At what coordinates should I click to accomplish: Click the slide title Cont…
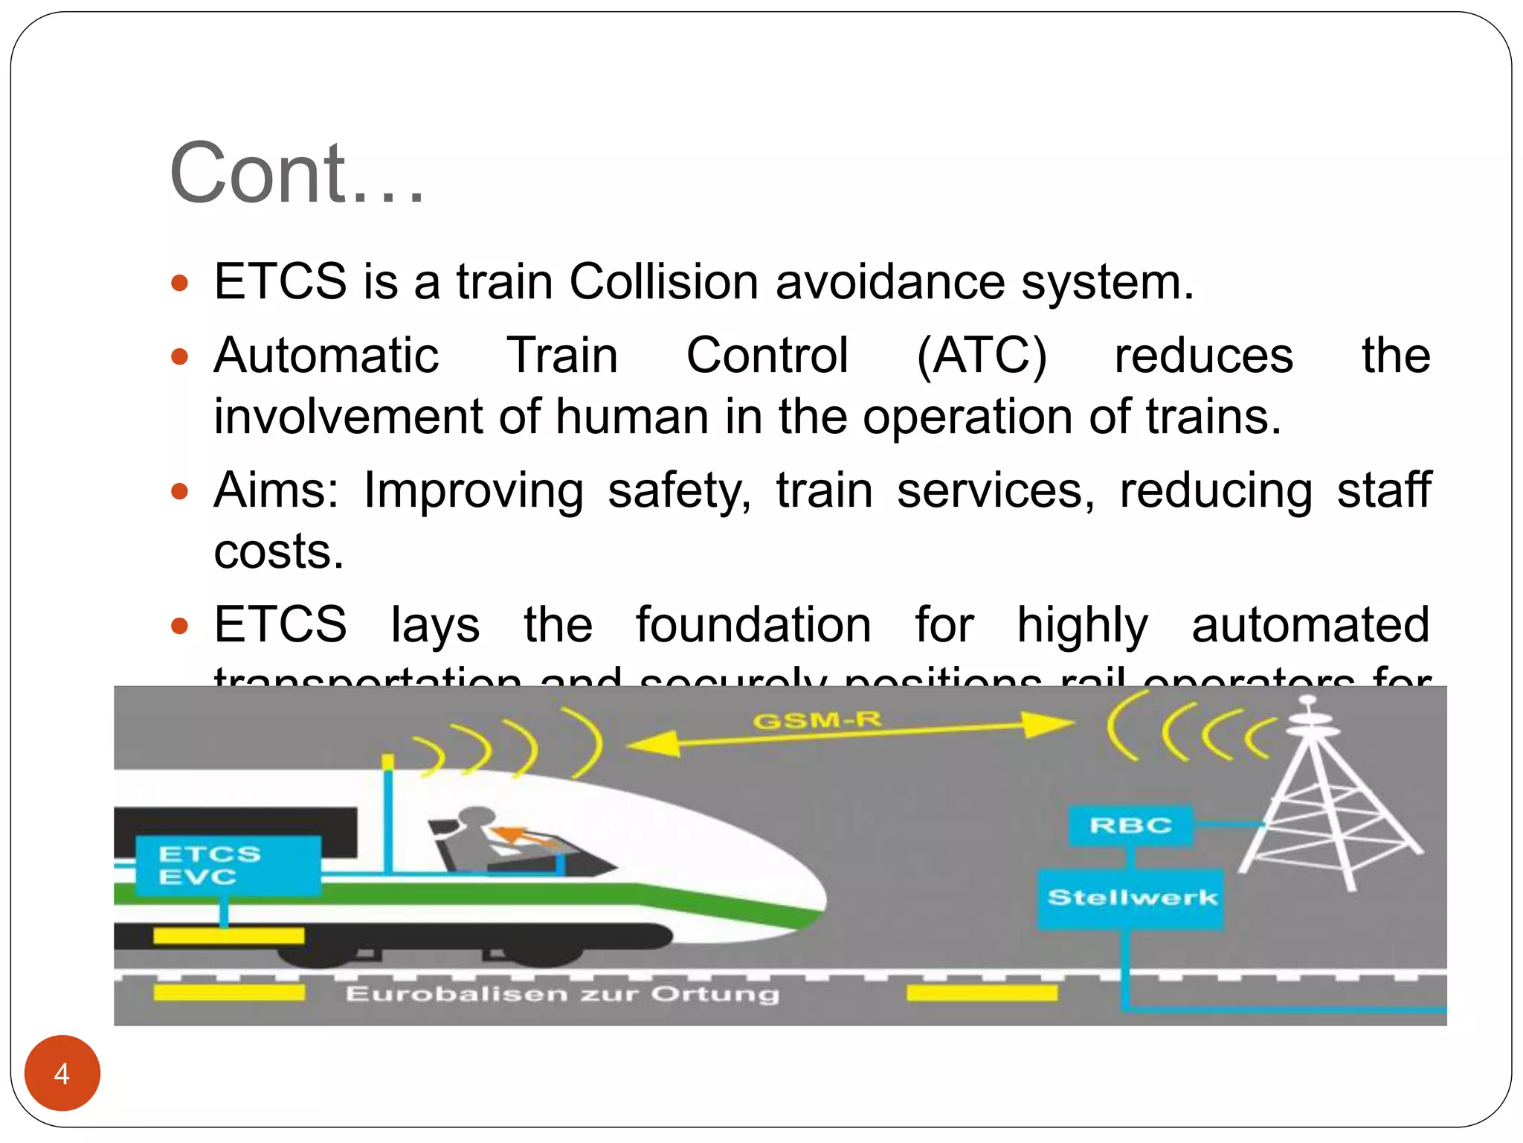tap(297, 173)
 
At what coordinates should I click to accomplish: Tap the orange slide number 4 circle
tap(62, 1073)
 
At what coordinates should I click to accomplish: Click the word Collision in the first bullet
tap(664, 282)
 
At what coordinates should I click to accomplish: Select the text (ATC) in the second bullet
tap(982, 356)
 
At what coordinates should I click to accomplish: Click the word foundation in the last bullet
tap(753, 624)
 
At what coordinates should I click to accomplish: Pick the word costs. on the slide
tap(279, 551)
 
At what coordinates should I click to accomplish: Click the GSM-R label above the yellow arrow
tap(817, 720)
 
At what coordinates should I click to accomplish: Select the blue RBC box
tap(1130, 825)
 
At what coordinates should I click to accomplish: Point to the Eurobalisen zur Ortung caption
tap(562, 994)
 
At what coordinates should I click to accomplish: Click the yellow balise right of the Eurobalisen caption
tap(982, 993)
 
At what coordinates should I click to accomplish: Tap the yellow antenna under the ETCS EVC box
tap(229, 935)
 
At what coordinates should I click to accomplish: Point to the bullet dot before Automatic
tap(180, 356)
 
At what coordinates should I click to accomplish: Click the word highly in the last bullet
tap(1082, 626)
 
